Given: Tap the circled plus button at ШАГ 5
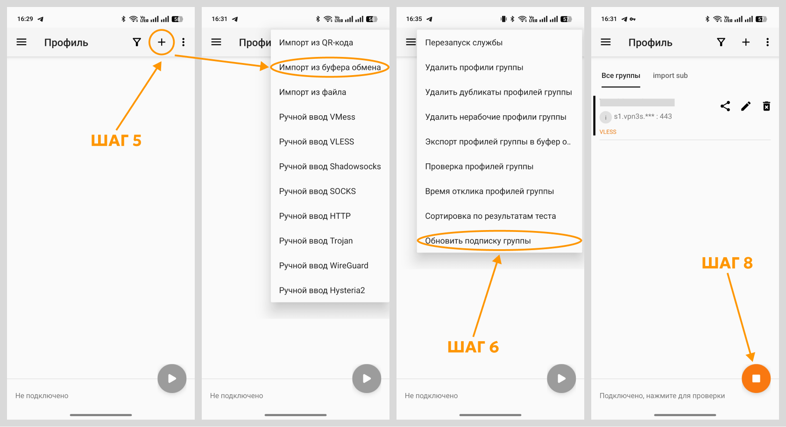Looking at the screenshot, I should (x=162, y=42).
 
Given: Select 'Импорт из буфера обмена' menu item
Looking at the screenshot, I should (x=330, y=67).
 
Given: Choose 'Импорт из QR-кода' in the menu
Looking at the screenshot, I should (x=316, y=42).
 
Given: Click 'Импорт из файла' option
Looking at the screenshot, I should (x=312, y=92).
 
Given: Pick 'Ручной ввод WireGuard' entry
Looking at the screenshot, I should (x=324, y=266).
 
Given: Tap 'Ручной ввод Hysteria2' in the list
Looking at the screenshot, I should (x=322, y=290).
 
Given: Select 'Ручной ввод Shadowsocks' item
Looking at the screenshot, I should (x=330, y=167).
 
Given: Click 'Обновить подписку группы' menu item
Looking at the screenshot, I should (x=478, y=241).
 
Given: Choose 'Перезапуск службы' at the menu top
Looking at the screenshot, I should (x=464, y=42).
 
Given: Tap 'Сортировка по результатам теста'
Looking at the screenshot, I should (x=490, y=216).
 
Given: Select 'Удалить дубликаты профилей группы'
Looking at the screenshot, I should (x=498, y=92).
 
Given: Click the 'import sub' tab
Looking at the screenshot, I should (x=670, y=76).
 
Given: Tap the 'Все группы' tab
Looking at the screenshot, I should (x=621, y=76).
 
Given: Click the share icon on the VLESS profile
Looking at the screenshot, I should (x=725, y=106).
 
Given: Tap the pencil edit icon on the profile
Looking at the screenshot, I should (x=746, y=106).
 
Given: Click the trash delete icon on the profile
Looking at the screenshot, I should (x=766, y=106).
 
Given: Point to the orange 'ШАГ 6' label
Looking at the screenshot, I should (x=473, y=347).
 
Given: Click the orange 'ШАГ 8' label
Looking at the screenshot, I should (x=727, y=263).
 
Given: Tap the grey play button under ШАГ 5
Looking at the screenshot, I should (x=172, y=378).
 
